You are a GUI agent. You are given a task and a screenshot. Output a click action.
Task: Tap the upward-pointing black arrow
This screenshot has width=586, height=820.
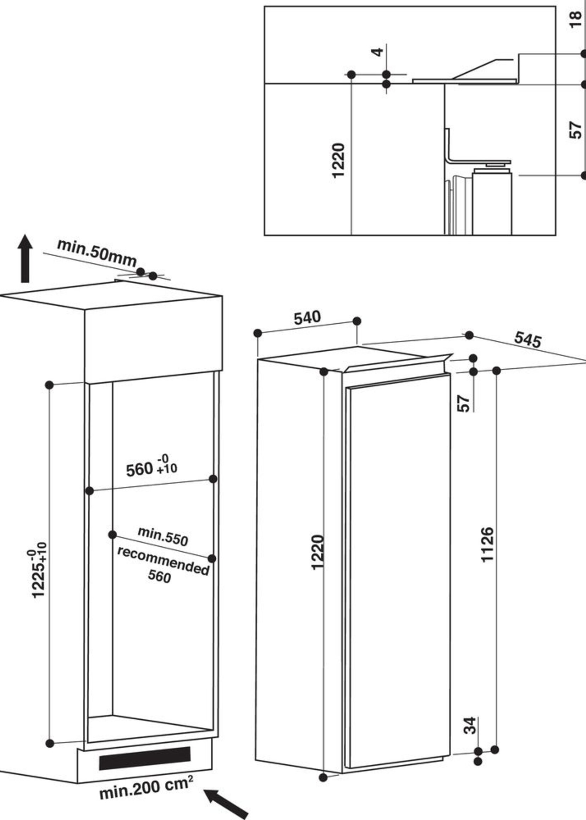(x=25, y=258)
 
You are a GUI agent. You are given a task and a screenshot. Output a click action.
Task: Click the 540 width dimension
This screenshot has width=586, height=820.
(x=307, y=318)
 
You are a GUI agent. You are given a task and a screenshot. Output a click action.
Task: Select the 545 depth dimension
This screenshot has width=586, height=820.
(x=528, y=340)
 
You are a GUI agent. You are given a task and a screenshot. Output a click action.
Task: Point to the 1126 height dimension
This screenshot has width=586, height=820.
(x=487, y=549)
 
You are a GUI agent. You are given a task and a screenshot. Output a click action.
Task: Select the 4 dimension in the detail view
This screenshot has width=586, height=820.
(x=377, y=52)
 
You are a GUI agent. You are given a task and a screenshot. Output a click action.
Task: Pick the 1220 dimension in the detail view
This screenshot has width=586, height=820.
(x=338, y=161)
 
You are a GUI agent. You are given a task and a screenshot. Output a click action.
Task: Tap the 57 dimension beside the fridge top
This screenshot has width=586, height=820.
(x=463, y=403)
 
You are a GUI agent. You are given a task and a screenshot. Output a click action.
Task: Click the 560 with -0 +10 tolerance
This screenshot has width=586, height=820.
(x=151, y=467)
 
